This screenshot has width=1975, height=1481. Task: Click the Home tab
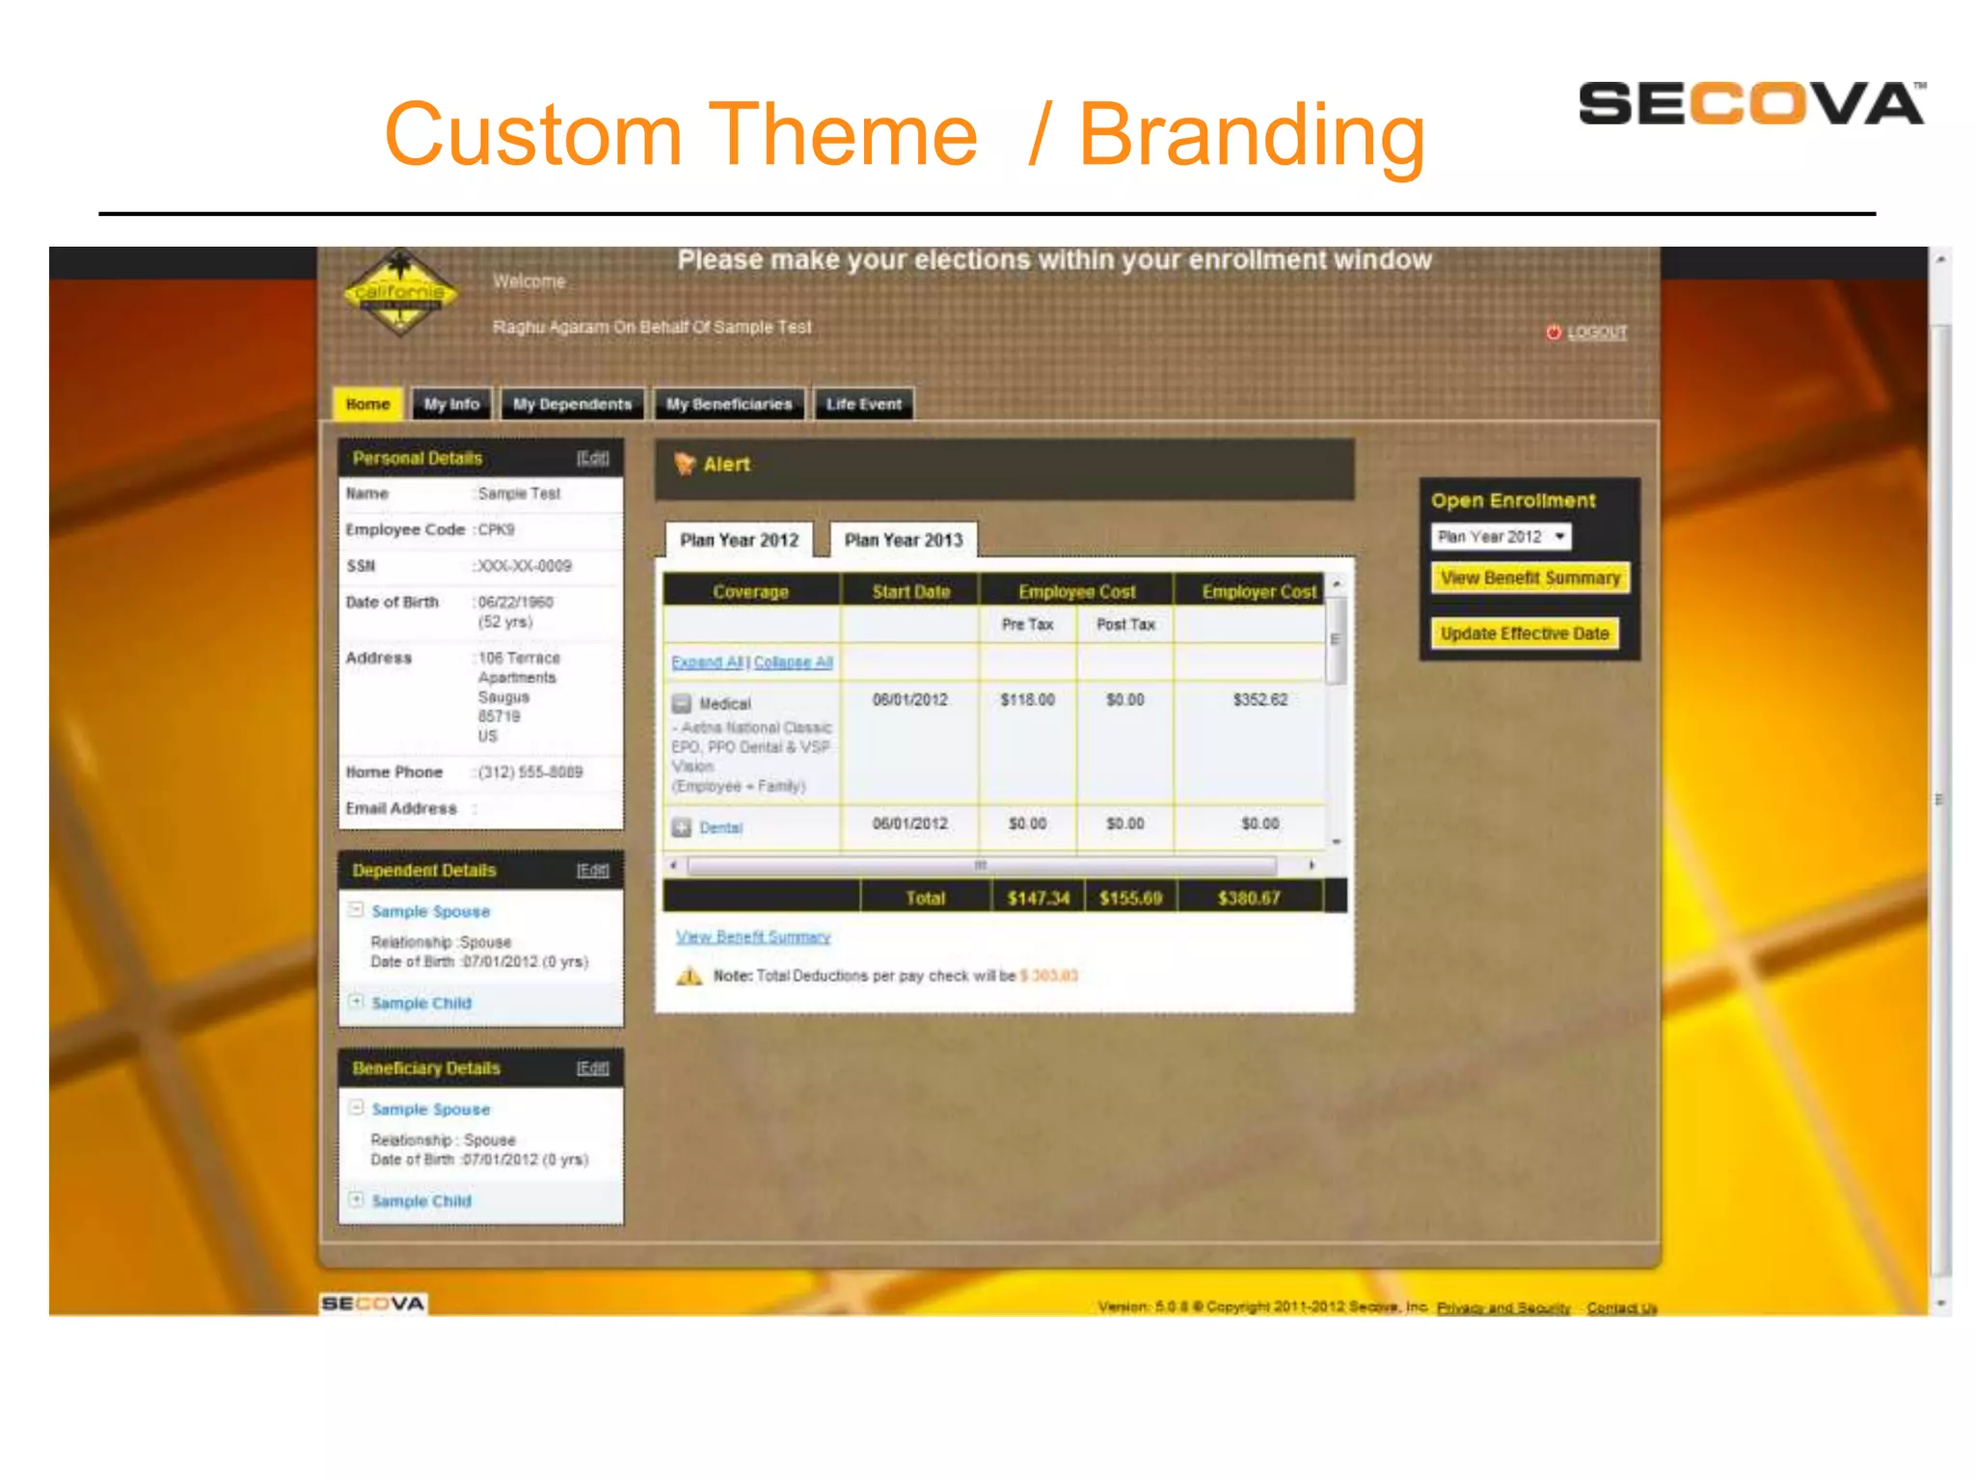click(367, 404)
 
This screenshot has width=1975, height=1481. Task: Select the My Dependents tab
click(572, 404)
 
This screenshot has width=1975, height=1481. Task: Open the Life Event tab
click(863, 404)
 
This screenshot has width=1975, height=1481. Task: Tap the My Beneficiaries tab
click(728, 404)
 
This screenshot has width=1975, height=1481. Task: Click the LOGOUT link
click(1596, 333)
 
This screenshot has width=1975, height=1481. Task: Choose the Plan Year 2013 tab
click(904, 540)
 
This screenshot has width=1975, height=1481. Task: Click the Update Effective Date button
click(1524, 633)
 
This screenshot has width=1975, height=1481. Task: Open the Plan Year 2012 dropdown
click(1501, 537)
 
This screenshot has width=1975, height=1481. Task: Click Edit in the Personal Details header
click(592, 458)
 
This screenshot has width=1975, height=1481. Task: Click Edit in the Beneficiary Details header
click(592, 1067)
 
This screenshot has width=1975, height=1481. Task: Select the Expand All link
click(708, 662)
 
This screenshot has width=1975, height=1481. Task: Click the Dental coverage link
click(720, 828)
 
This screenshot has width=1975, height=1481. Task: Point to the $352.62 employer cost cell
click(1259, 700)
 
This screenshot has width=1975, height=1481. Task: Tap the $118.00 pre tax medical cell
click(1027, 700)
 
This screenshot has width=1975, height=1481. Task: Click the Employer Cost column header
click(1258, 591)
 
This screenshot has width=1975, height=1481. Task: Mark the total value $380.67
click(1249, 899)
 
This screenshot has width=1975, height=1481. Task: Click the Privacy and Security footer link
click(1502, 1307)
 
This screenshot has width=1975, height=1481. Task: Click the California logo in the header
click(399, 292)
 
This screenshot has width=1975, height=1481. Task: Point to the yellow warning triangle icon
click(689, 976)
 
